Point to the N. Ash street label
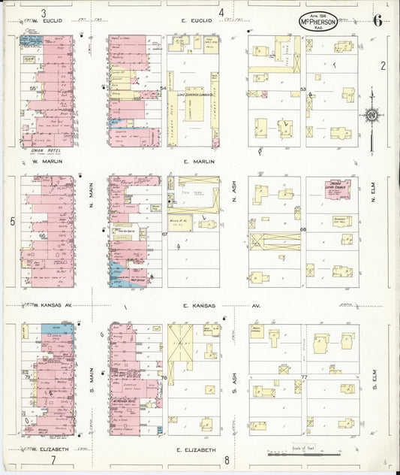click(x=234, y=198)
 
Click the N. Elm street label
click(x=373, y=197)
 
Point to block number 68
click(x=303, y=229)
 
